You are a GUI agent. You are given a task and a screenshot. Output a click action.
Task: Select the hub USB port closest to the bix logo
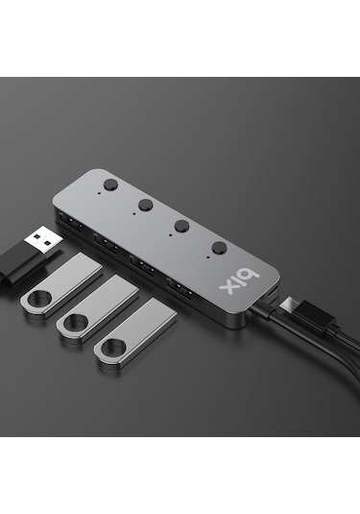pos(179,287)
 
